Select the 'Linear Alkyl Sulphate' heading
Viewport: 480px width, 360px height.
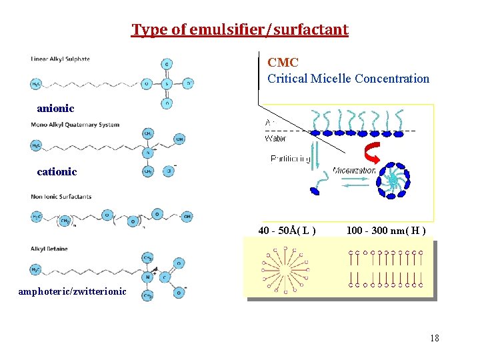60,59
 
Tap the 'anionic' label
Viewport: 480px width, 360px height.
55,108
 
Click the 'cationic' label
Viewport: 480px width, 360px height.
57,172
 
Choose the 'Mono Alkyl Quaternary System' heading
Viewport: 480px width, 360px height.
75,125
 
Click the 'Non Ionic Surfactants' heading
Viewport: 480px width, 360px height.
61,197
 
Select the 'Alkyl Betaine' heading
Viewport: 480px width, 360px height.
49,249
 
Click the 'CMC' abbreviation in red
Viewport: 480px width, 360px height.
283,63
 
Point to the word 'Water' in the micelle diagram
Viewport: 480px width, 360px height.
275,139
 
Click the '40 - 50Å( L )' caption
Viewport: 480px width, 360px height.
287,231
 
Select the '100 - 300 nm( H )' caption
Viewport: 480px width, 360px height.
386,231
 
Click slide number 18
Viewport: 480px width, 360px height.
434,338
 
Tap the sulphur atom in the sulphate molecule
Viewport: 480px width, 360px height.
166,84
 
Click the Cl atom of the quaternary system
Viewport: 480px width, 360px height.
169,171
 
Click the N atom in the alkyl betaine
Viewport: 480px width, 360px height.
148,276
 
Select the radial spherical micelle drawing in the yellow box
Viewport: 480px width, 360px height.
287,269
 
